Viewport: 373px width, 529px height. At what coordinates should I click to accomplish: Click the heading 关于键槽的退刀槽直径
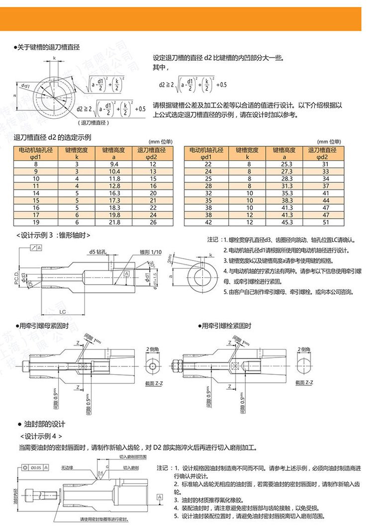click(x=49, y=47)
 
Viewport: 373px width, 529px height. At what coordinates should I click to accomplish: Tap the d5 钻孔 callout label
click(x=98, y=252)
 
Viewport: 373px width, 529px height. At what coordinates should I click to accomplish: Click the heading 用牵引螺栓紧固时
click(x=226, y=326)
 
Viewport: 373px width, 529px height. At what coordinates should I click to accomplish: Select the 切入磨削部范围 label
click(x=132, y=457)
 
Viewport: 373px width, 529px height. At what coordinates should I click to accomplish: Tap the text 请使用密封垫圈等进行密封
click(x=103, y=520)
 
